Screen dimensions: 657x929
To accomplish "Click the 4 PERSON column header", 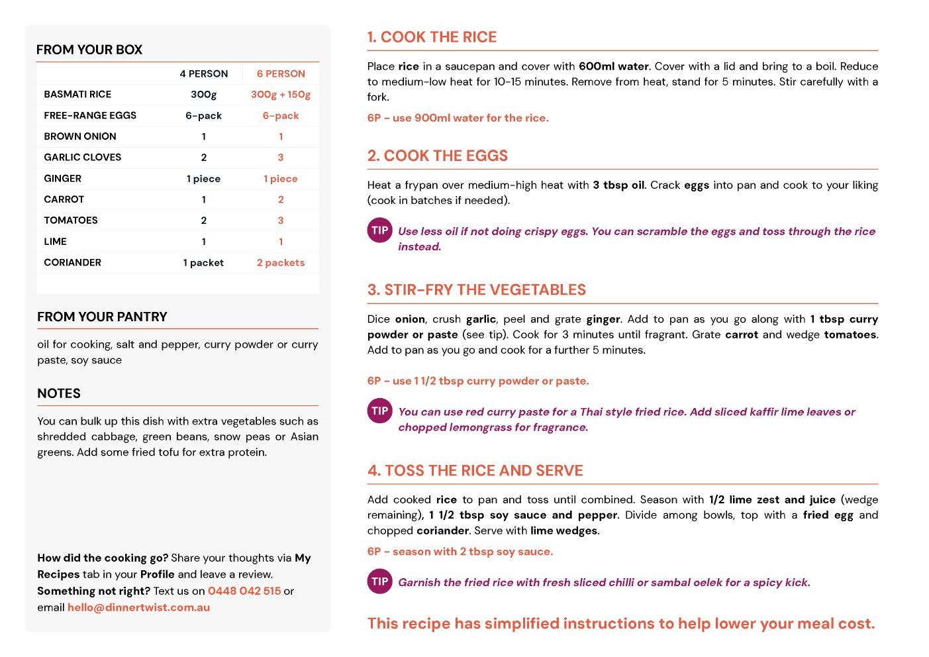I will click(203, 74).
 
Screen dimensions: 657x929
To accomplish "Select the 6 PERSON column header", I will click(281, 74).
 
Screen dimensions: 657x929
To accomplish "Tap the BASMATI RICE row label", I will click(77, 94).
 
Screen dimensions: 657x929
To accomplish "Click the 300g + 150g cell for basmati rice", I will click(281, 94).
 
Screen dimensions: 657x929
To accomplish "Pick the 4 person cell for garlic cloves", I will click(203, 157).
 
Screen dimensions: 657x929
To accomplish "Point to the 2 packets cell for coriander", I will click(281, 262).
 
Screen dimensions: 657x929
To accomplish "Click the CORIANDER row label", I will click(73, 262).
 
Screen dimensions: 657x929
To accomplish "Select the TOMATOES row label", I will click(71, 220).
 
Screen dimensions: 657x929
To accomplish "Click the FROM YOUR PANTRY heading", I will click(102, 317).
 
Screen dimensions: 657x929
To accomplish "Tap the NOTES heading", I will click(59, 393).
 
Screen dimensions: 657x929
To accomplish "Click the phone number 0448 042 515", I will click(244, 591).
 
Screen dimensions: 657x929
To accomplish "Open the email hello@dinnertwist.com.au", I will click(138, 607).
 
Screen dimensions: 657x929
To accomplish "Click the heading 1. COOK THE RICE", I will click(432, 37).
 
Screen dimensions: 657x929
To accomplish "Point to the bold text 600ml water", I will click(613, 66).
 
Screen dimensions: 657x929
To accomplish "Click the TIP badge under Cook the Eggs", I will click(379, 230).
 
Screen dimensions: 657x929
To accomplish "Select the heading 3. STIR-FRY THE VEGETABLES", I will click(476, 289).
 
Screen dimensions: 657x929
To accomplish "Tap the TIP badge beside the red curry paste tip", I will click(379, 411).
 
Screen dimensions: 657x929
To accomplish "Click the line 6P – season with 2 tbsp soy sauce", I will click(460, 551).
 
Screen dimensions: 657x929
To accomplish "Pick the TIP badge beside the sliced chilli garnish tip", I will click(379, 581).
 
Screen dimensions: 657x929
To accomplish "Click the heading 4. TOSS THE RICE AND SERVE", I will click(475, 470).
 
